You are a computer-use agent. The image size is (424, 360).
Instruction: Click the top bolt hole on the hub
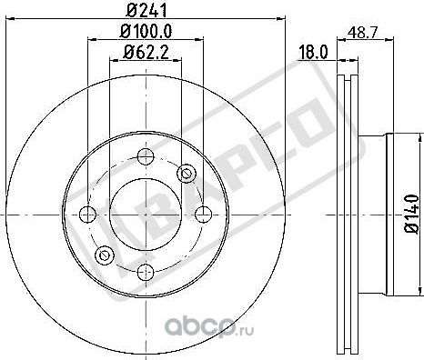coord(144,155)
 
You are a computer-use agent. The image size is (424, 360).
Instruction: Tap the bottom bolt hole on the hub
coord(144,270)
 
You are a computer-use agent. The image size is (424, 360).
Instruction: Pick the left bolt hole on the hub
coord(87,214)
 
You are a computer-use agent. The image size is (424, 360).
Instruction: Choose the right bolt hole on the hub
coord(201,214)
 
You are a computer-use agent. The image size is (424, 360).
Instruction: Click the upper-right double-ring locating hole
coord(187,171)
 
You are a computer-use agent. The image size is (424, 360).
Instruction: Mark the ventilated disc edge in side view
coord(344,214)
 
